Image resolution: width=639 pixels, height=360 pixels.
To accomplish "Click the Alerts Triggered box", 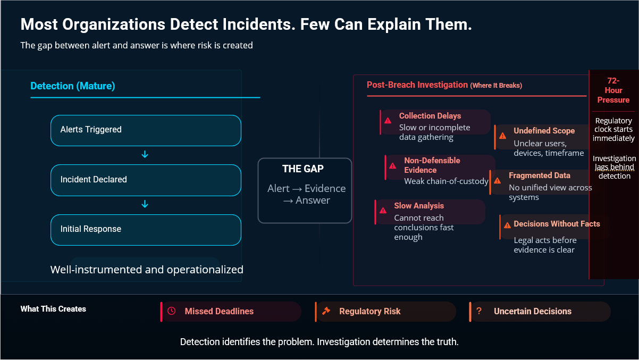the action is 146,130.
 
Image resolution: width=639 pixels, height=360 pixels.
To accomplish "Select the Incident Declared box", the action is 146,180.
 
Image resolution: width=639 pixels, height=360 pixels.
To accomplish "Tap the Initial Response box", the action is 146,229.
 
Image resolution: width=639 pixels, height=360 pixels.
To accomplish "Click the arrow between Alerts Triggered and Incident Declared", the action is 145,155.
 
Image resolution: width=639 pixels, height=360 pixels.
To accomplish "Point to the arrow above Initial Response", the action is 145,204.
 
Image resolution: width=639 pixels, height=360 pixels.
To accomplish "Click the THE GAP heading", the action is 303,169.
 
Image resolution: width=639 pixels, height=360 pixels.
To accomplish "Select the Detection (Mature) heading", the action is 73,86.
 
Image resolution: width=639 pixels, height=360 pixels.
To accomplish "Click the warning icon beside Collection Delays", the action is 388,121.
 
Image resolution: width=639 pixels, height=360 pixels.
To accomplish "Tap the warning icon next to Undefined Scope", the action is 503,136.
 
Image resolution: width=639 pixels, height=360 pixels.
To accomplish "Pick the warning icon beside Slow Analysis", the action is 383,210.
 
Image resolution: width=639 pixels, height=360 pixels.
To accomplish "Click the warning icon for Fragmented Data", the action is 498,180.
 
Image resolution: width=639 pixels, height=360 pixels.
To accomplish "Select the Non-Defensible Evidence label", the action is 432,165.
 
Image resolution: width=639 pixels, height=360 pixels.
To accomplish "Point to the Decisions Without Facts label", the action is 557,224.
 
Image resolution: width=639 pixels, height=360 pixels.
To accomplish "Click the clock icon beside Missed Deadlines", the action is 171,311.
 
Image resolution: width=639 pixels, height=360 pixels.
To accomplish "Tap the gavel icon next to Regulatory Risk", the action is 326,311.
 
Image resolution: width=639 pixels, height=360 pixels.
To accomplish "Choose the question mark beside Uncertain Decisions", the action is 479,311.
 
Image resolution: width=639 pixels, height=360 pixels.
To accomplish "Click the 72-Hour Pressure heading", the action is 613,90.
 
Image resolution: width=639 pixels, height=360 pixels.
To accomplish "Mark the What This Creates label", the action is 53,309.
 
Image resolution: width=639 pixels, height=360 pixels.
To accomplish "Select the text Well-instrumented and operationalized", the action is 147,270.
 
